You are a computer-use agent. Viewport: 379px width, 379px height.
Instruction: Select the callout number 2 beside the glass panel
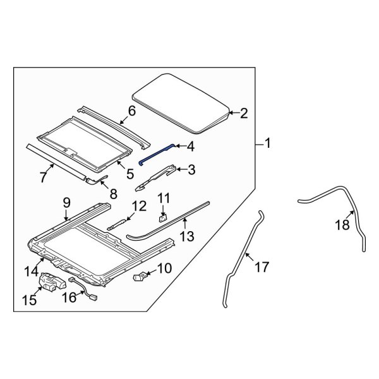point(243,114)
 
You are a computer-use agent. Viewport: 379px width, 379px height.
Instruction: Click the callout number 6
point(131,112)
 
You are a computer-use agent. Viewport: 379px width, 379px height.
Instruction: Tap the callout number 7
point(43,177)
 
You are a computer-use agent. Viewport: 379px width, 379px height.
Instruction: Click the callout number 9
point(66,203)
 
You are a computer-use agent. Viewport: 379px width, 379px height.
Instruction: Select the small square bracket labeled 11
point(162,218)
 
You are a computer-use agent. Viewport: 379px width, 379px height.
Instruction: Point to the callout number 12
point(139,206)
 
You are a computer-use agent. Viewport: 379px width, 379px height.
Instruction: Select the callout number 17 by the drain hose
point(262,267)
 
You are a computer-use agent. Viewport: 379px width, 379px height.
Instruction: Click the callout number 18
point(342,226)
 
